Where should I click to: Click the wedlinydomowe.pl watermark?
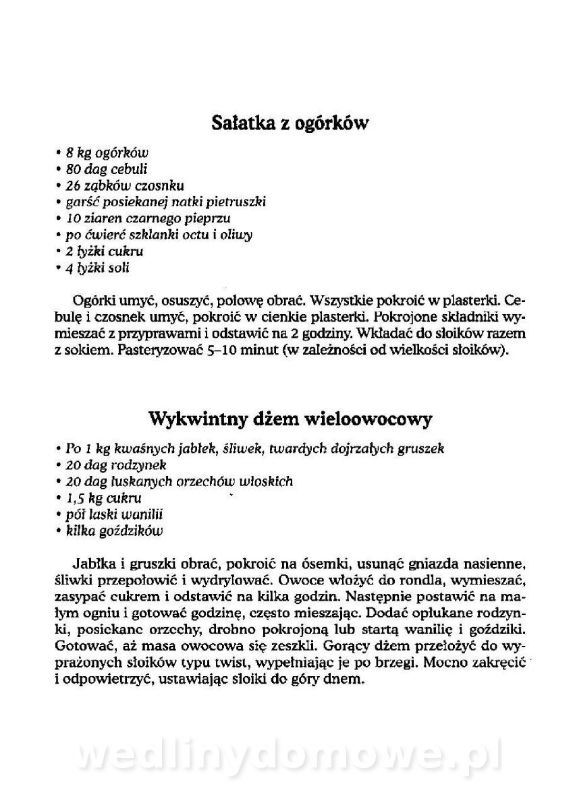click(x=288, y=756)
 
